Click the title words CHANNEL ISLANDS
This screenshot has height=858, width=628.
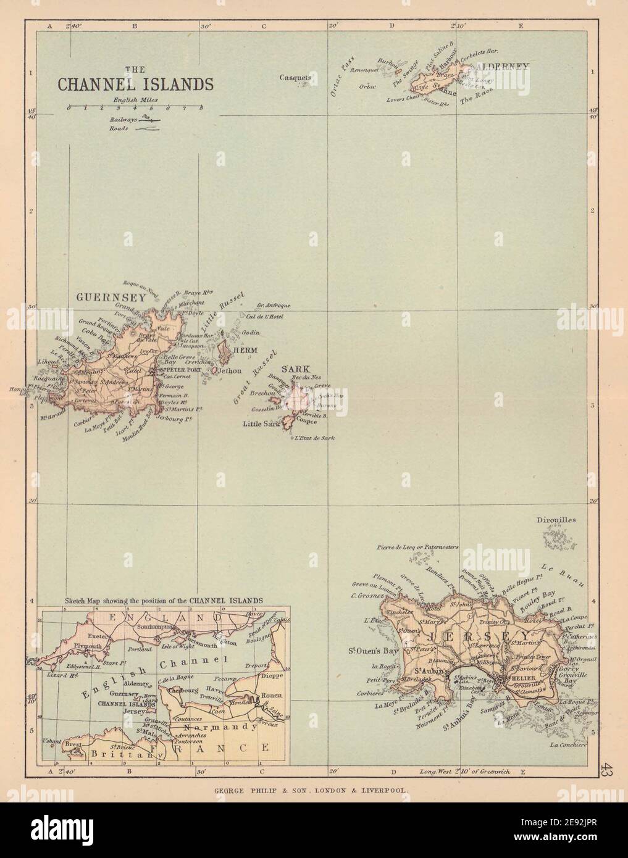pos(136,84)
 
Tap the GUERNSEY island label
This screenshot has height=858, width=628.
pos(111,297)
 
